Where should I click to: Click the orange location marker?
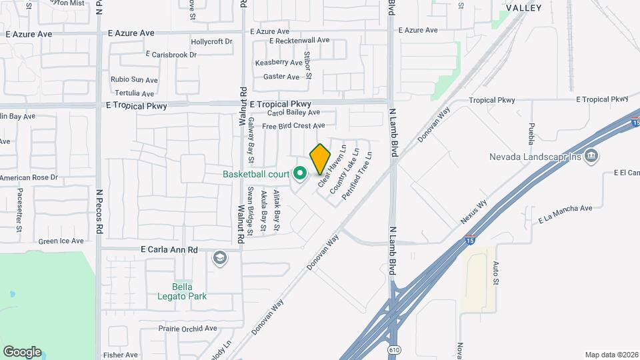tap(320, 159)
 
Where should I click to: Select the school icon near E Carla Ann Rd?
tap(219, 258)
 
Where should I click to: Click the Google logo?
tap(22, 352)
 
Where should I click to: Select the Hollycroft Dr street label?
tap(211, 41)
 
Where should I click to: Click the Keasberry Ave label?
tap(279, 63)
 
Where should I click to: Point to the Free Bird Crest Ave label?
tap(293, 125)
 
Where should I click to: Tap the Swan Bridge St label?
tap(251, 211)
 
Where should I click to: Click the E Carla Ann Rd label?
tap(169, 249)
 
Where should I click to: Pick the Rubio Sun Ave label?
tap(135, 79)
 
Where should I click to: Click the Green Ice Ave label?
tap(61, 241)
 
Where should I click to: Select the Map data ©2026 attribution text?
tap(611, 354)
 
